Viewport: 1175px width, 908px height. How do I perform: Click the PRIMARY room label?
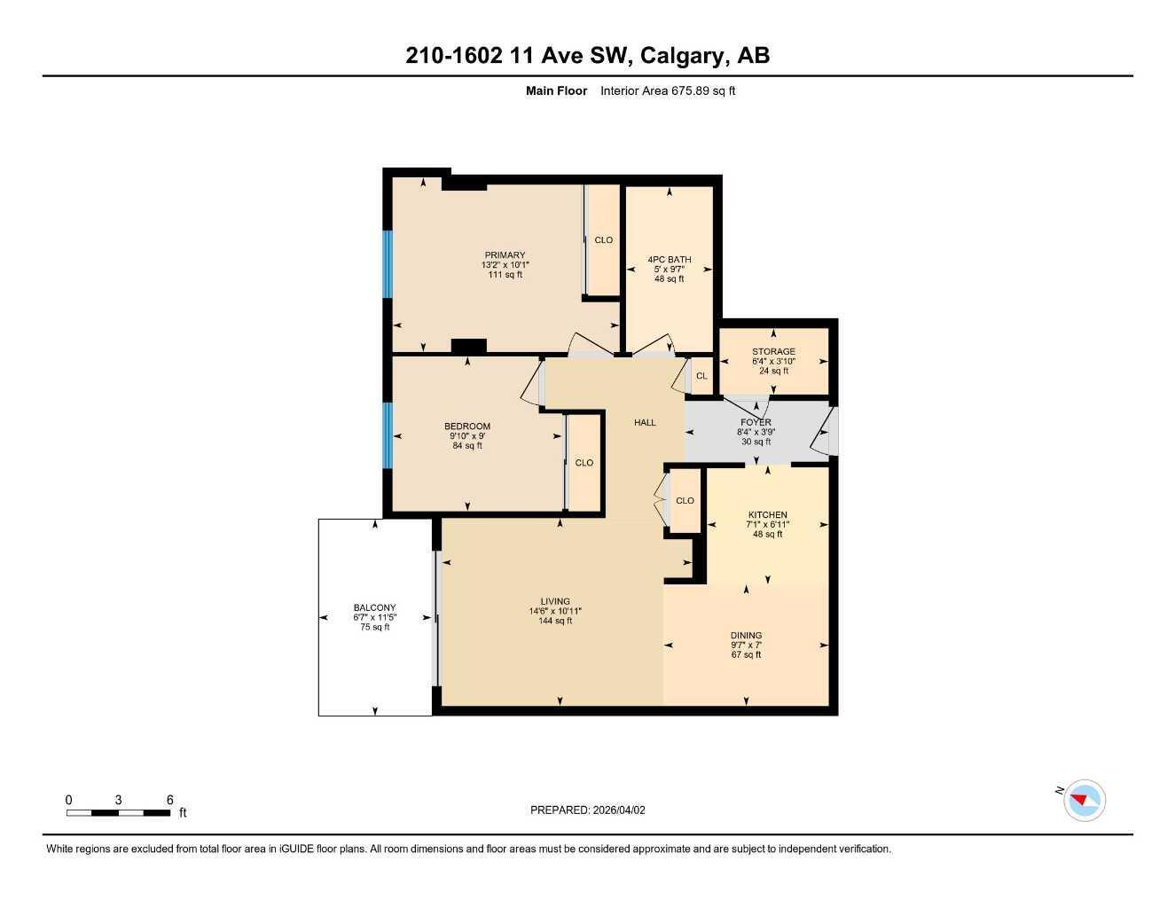point(505,255)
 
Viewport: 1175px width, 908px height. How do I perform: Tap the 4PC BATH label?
point(669,260)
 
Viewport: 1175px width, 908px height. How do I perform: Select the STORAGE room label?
point(773,352)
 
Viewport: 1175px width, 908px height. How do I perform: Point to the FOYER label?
point(756,423)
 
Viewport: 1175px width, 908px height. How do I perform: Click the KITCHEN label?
point(767,515)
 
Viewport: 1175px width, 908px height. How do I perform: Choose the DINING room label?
point(746,636)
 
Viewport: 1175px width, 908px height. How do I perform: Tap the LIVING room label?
point(555,601)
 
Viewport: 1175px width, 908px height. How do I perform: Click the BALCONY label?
point(374,608)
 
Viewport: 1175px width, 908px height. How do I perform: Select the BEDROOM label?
point(467,427)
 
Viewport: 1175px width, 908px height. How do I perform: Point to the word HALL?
point(645,423)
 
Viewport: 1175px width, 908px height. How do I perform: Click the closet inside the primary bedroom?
point(603,240)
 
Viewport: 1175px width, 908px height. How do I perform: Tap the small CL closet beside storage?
point(701,376)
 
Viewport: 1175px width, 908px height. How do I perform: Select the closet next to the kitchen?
point(685,501)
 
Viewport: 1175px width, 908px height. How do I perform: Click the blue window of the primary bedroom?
point(387,264)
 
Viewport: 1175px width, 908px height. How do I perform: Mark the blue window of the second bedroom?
point(387,435)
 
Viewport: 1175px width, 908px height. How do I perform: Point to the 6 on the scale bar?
point(169,800)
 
